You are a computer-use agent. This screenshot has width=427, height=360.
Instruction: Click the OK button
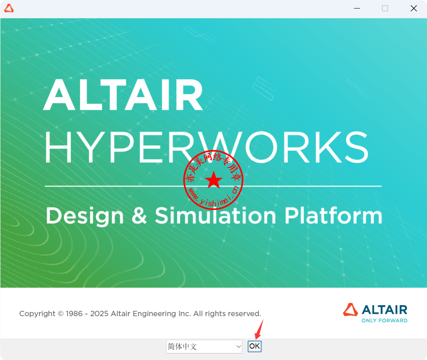pyautogui.click(x=254, y=346)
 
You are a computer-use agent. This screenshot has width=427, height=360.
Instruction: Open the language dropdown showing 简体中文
pyautogui.click(x=204, y=346)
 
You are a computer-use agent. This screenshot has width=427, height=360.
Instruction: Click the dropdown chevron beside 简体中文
pyautogui.click(x=239, y=347)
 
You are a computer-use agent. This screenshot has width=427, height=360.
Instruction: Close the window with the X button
pyautogui.click(x=414, y=9)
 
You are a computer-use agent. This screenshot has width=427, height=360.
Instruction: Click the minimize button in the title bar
pyautogui.click(x=357, y=9)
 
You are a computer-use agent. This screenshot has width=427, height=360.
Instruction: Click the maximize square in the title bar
pyautogui.click(x=385, y=9)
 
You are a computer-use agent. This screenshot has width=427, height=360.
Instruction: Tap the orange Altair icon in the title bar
pyautogui.click(x=9, y=8)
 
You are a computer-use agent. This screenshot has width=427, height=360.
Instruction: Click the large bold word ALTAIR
pyautogui.click(x=123, y=95)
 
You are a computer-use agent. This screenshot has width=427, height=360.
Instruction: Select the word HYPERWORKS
pyautogui.click(x=207, y=147)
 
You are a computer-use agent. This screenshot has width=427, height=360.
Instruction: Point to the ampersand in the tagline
pyautogui.click(x=139, y=216)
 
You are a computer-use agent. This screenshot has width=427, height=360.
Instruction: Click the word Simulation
pyautogui.click(x=216, y=216)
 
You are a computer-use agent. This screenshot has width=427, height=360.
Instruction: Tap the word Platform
pyautogui.click(x=333, y=216)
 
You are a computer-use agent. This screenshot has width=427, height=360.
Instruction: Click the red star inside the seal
pyautogui.click(x=213, y=180)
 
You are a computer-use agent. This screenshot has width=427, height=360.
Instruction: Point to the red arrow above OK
pyautogui.click(x=259, y=329)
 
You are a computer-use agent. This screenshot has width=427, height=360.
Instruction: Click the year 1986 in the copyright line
pyautogui.click(x=74, y=314)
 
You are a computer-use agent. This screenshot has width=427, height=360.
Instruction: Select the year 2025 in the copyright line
pyautogui.click(x=99, y=314)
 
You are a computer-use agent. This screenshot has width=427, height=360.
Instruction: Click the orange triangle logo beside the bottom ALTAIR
pyautogui.click(x=350, y=310)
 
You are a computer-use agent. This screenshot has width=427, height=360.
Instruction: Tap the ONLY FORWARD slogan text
pyautogui.click(x=384, y=321)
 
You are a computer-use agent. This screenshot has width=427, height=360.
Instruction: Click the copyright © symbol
pyautogui.click(x=61, y=314)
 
